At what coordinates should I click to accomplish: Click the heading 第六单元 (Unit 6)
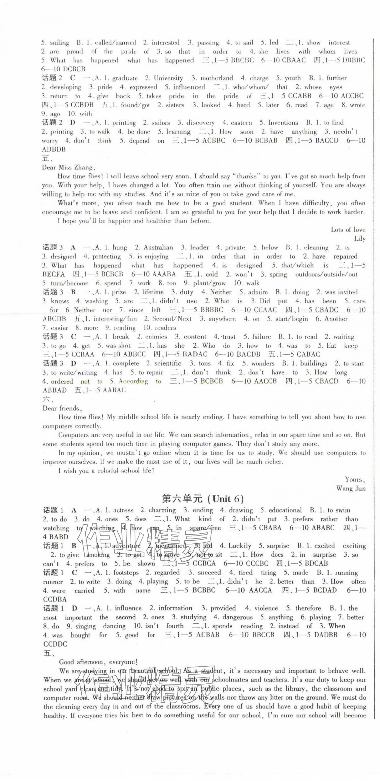[203, 499]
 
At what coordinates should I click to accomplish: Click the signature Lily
[359, 239]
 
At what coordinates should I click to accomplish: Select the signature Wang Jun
[351, 488]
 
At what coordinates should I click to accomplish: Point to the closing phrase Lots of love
[348, 230]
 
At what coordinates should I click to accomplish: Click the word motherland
[217, 78]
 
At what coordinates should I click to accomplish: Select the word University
[168, 78]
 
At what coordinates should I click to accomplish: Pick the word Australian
[158, 247]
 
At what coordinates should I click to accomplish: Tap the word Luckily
[239, 546]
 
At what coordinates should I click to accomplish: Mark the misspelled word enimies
[156, 337]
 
